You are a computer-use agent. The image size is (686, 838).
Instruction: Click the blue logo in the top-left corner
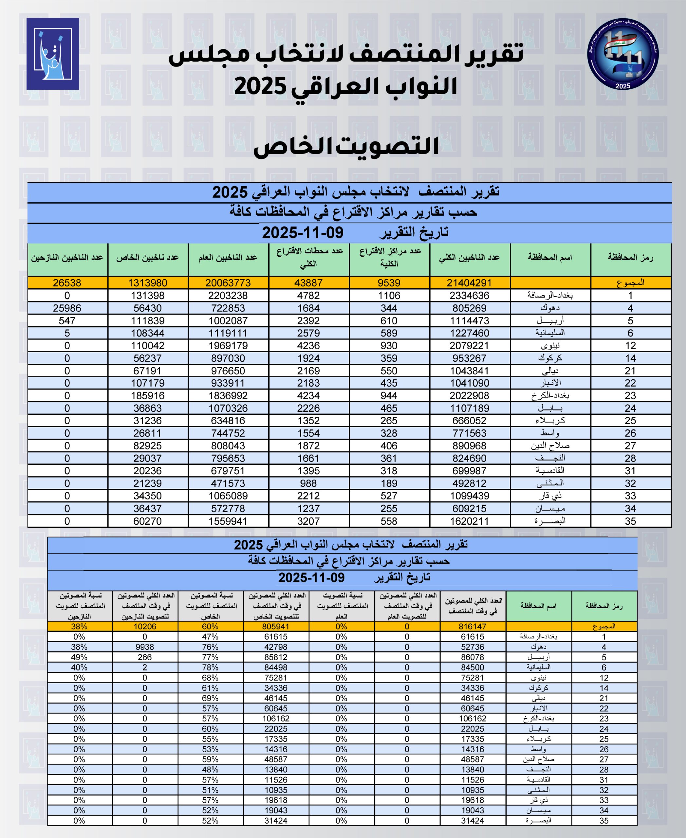click(53, 54)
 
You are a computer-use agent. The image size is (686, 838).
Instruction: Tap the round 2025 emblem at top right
click(622, 54)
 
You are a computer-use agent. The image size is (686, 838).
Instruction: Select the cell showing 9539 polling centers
click(389, 283)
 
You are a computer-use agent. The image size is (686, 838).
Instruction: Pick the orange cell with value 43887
click(308, 283)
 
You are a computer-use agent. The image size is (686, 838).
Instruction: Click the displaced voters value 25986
click(67, 308)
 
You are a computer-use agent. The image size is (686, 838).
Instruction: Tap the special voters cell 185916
click(147, 395)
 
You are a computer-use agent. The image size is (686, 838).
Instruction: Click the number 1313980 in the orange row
click(147, 283)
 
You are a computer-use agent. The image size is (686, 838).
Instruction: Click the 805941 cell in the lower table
click(276, 626)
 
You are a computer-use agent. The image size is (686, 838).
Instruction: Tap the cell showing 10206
click(145, 626)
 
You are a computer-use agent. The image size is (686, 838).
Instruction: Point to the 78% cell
click(210, 667)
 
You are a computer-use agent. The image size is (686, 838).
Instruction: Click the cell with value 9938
click(145, 647)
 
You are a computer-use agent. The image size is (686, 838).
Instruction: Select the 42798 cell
click(276, 647)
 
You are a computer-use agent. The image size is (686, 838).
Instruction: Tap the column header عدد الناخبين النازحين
click(67, 258)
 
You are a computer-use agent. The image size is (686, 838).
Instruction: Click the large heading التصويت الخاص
click(346, 146)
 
